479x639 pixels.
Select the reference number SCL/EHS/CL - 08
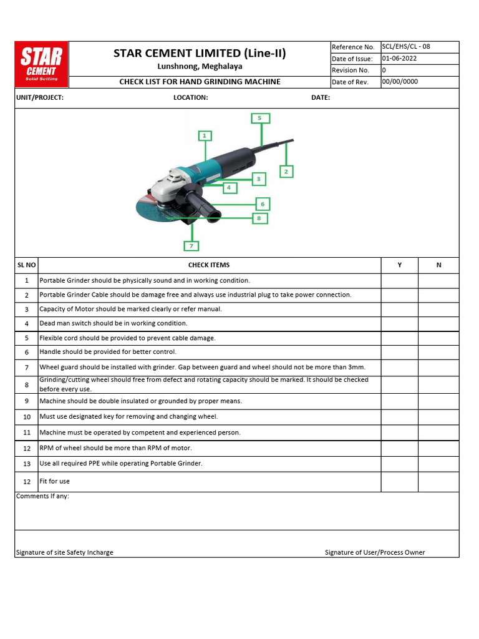click(x=406, y=47)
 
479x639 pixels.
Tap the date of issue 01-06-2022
click(x=400, y=59)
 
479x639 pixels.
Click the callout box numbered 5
click(x=259, y=118)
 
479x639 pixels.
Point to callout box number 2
click(x=286, y=171)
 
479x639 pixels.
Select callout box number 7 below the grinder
click(x=191, y=246)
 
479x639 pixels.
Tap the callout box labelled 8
click(x=259, y=218)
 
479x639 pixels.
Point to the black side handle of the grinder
click(x=203, y=208)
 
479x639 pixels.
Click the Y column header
click(x=400, y=265)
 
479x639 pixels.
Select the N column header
click(x=438, y=265)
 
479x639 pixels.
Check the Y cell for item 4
click(x=400, y=324)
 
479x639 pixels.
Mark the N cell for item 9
click(x=438, y=401)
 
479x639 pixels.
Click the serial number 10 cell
click(x=27, y=417)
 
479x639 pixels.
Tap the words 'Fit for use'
click(x=55, y=482)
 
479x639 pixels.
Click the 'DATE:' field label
click(x=321, y=98)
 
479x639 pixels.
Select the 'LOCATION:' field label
click(x=191, y=98)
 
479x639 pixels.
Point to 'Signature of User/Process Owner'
click(x=375, y=553)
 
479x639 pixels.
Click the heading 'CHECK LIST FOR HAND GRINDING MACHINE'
click(x=200, y=82)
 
